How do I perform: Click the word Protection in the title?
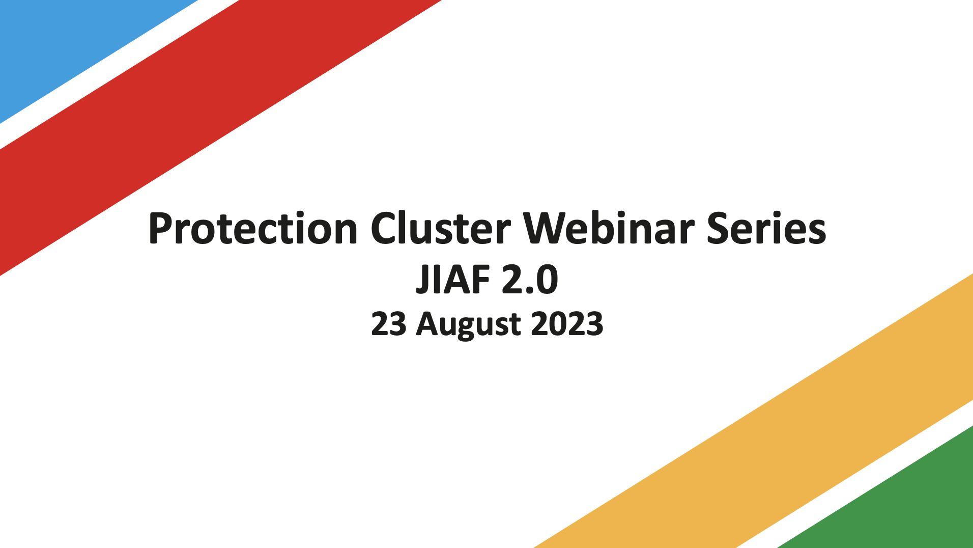(x=253, y=229)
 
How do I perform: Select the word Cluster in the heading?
(x=440, y=229)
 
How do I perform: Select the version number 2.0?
(x=530, y=280)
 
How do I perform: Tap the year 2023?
(x=567, y=324)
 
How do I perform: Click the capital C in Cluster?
(x=384, y=229)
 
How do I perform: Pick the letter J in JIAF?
(x=422, y=280)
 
